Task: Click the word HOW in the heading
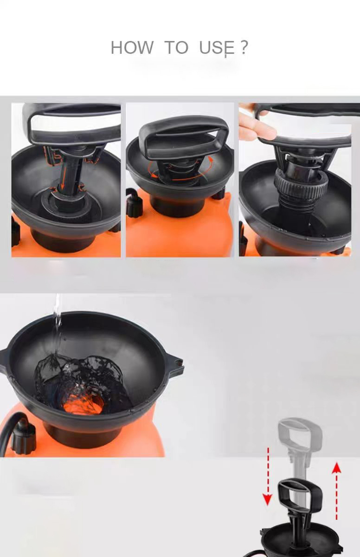pyautogui.click(x=132, y=48)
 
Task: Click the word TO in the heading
pyautogui.click(x=176, y=48)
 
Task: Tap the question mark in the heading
pyautogui.click(x=244, y=47)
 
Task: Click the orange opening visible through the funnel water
pyautogui.click(x=84, y=404)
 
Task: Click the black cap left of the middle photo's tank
pyautogui.click(x=134, y=204)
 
